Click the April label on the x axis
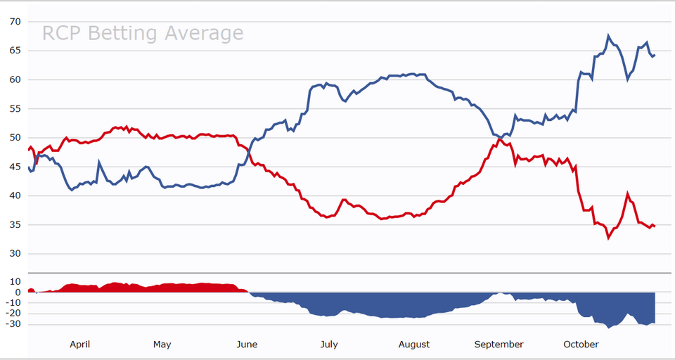79,345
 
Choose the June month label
247,345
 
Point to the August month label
414,345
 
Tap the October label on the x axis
581,345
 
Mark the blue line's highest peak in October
609,36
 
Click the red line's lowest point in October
609,238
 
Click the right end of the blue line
655,56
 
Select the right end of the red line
655,226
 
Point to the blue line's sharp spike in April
99,162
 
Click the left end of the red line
29,150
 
